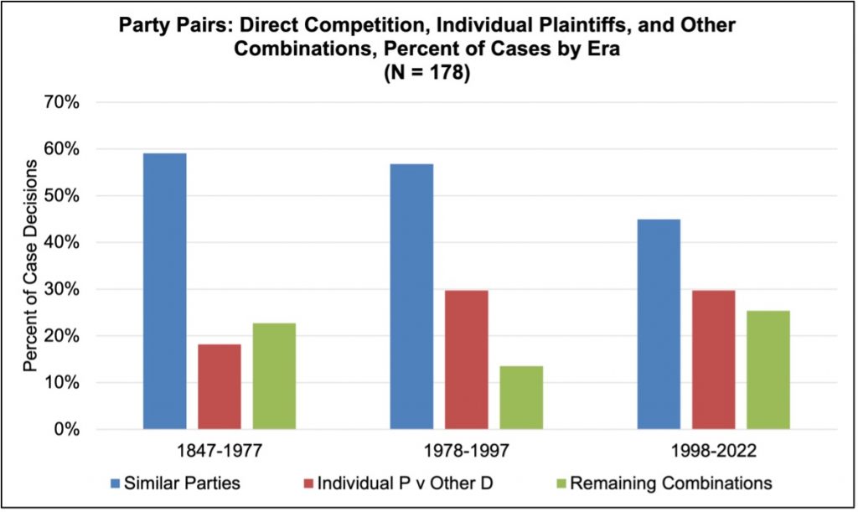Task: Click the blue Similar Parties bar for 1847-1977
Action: pos(164,291)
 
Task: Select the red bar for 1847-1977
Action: pos(220,386)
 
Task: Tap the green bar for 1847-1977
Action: pos(274,376)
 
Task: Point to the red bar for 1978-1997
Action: pos(467,359)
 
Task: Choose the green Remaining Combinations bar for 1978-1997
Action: pos(521,397)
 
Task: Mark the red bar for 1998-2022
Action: pos(714,359)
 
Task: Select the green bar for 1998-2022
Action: pos(768,370)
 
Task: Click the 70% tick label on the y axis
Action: pos(61,103)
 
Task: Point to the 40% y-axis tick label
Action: pos(61,243)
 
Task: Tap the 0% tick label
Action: pos(65,430)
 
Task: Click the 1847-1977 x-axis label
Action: pos(220,452)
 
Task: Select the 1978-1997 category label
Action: pos(467,452)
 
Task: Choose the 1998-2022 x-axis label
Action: pos(714,452)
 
